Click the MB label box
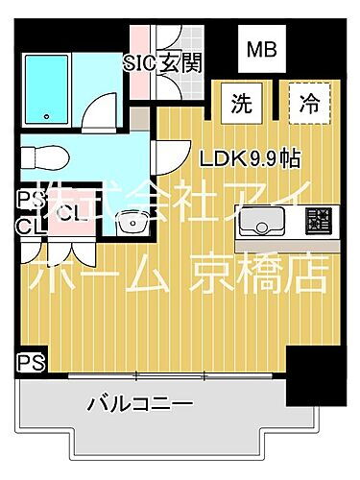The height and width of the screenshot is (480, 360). pos(261,48)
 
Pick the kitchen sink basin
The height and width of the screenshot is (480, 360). pos(261,227)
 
